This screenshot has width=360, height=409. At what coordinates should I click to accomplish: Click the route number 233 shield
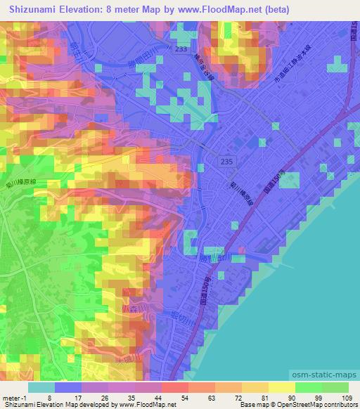pyautogui.click(x=182, y=50)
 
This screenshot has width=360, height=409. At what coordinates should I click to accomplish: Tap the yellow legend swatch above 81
pyautogui.click(x=256, y=387)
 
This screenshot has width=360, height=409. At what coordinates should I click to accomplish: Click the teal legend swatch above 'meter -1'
pyautogui.click(x=41, y=387)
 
